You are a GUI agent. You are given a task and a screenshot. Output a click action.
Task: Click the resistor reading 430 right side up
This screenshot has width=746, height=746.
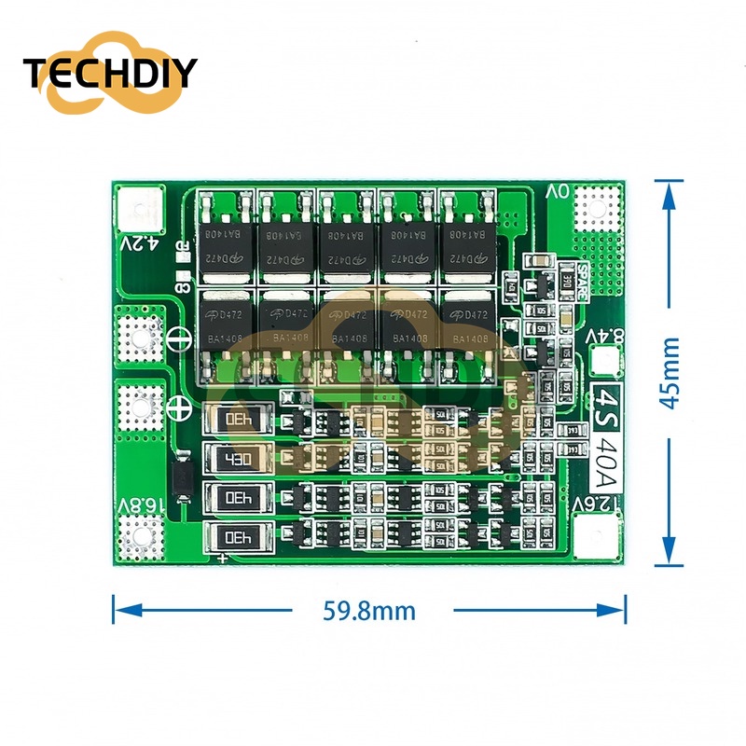[237, 458]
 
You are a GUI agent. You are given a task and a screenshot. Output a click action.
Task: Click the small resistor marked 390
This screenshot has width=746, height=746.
[565, 278]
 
